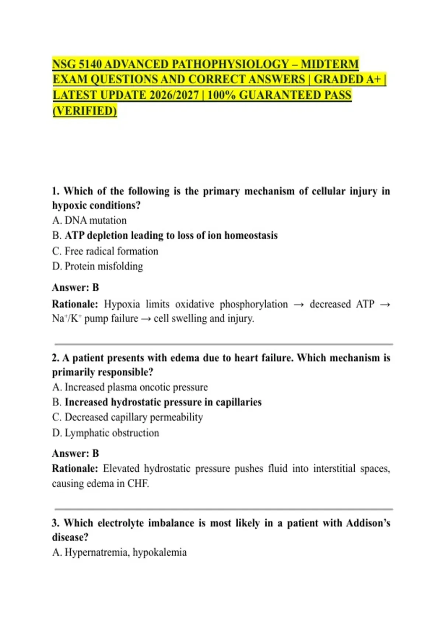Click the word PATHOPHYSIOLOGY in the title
coord(231,64)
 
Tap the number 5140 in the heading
coord(90,64)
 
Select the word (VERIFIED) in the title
coord(85,110)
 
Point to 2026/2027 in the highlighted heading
coord(174,95)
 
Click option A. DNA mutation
coord(90,220)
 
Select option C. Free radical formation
coord(105,251)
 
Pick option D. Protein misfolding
coord(98,266)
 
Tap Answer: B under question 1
coord(76,287)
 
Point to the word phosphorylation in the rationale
coord(254,304)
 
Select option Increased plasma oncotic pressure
coord(136,387)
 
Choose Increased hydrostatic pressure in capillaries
coord(163,402)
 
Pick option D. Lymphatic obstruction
coord(106,433)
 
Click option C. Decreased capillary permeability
coord(127,417)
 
